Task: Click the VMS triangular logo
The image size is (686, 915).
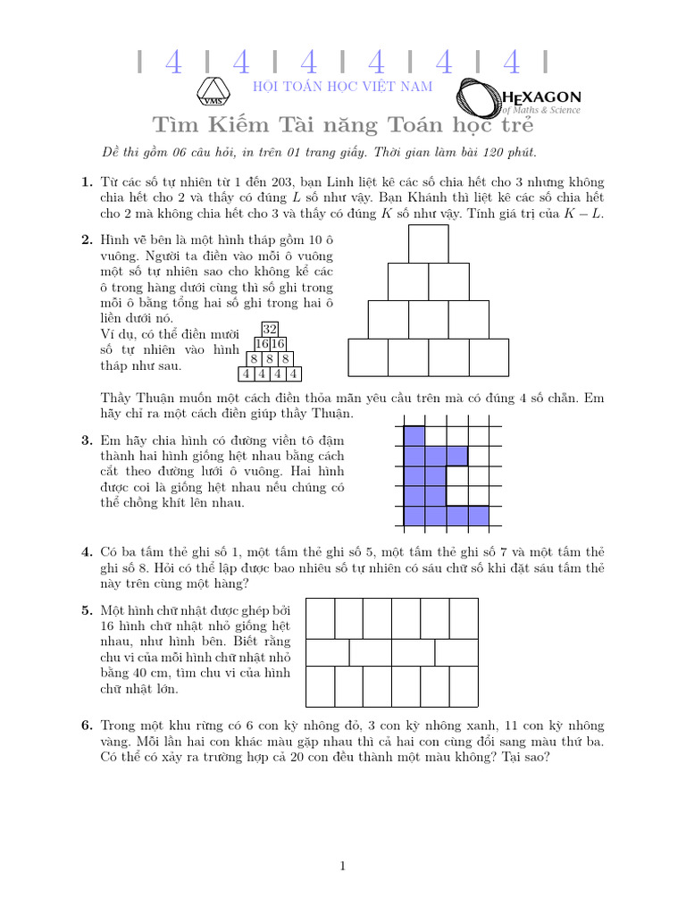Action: (x=214, y=92)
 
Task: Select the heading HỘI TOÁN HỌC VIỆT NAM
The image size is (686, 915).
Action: (x=343, y=87)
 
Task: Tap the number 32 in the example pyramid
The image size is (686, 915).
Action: (x=270, y=329)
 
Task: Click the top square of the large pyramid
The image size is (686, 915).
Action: (x=428, y=244)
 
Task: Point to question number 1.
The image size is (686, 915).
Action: (x=87, y=181)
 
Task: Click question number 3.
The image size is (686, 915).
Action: (x=87, y=441)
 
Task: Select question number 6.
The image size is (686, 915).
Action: (x=87, y=726)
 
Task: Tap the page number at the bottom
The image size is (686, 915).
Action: (x=343, y=865)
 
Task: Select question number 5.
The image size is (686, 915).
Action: (x=87, y=610)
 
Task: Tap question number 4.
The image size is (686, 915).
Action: (x=87, y=551)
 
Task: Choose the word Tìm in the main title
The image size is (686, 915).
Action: (x=177, y=123)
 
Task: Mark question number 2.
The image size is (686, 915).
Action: (x=87, y=239)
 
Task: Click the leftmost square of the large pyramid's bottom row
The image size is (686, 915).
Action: (x=367, y=357)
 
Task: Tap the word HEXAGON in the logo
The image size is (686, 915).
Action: (x=542, y=97)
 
